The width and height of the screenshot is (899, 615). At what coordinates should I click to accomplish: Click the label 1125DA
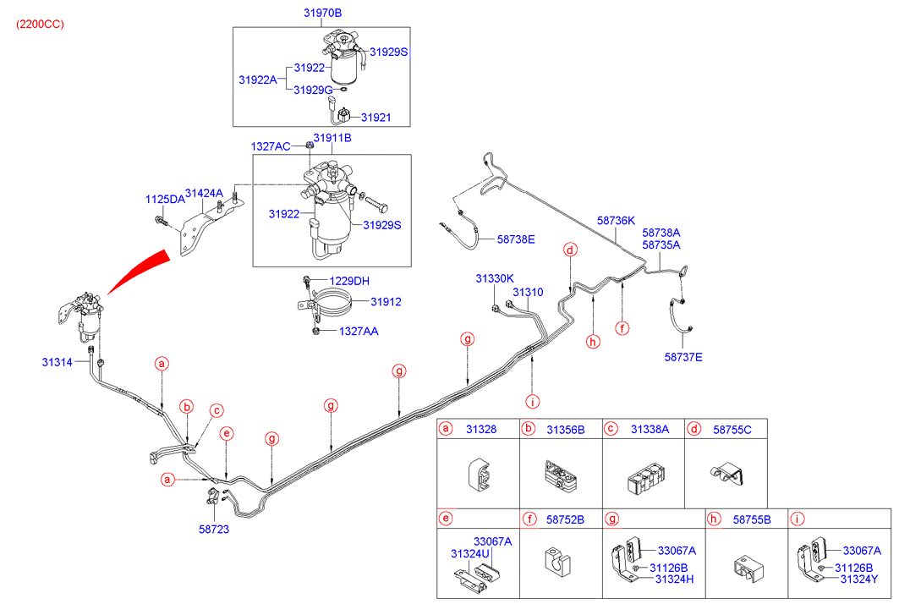coord(164,200)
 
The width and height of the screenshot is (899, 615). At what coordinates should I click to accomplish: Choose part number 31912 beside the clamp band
coord(386,301)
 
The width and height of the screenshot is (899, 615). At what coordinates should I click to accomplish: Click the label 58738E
coord(516,239)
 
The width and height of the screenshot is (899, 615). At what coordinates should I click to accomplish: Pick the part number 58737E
coord(683,357)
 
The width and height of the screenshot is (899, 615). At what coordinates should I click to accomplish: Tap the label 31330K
coord(495,277)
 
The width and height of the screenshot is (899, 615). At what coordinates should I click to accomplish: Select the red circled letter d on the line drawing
coord(571,250)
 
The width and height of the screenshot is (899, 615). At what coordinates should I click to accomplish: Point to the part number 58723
coord(214,529)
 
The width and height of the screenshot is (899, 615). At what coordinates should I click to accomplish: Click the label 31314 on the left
coord(58,362)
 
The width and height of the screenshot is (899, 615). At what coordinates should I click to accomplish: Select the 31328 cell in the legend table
coord(482,430)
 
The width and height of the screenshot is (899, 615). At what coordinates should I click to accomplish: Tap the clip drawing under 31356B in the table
coord(560,476)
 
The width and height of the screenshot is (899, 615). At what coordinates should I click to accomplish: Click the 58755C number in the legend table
coord(732,430)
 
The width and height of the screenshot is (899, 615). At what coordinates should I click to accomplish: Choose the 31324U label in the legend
coord(470,554)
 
